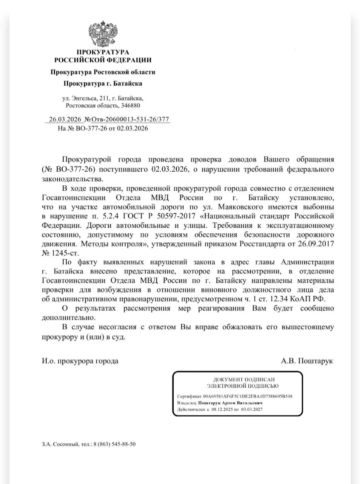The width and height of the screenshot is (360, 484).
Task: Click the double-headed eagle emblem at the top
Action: pyautogui.click(x=103, y=34)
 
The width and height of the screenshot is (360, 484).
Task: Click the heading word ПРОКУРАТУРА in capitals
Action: pyautogui.click(x=103, y=52)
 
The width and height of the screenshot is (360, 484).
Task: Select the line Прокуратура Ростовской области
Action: pyautogui.click(x=103, y=72)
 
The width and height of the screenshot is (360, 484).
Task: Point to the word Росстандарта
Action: pyautogui.click(x=262, y=244)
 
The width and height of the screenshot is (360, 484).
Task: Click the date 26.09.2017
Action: pyautogui.click(x=317, y=244)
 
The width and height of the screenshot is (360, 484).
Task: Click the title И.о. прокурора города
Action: pyautogui.click(x=80, y=361)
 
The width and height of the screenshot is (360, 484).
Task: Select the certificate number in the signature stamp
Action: pyautogui.click(x=247, y=396)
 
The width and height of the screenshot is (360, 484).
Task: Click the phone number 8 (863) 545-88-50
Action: pyautogui.click(x=114, y=444)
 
